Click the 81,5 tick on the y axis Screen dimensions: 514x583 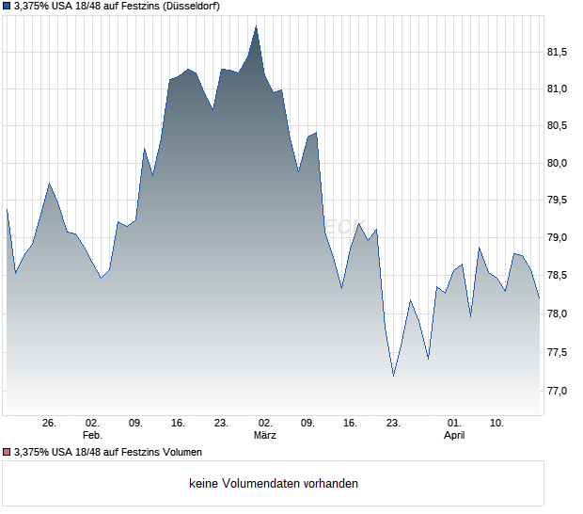(559, 52)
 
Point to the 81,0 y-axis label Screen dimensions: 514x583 (559, 88)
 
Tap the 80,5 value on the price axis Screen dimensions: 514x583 (559, 125)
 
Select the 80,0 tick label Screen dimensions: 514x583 (559, 163)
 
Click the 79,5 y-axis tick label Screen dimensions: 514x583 (559, 200)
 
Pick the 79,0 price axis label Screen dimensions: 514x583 (559, 237)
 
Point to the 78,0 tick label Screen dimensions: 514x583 (559, 313)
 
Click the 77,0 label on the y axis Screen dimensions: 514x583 (559, 390)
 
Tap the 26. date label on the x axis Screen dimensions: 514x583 (50, 423)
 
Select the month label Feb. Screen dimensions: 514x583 (92, 435)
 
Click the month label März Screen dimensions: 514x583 (265, 435)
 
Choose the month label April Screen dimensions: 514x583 (454, 435)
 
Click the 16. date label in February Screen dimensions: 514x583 (179, 423)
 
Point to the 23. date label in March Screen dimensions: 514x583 (393, 423)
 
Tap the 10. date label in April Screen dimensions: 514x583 (497, 423)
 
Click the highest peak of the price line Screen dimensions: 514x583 (256, 26)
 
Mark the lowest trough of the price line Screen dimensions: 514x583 (393, 376)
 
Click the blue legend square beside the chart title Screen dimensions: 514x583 (7, 7)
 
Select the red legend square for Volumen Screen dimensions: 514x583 (7, 452)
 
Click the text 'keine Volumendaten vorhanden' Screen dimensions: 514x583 (273, 484)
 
